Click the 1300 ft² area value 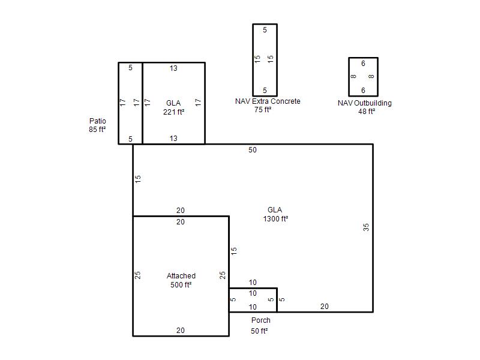275,219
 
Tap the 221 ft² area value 173,112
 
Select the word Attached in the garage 181,276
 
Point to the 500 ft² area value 181,284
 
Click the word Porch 261,320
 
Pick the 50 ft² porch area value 259,331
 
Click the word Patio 98,121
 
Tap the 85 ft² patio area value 97,130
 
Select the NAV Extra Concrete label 268,101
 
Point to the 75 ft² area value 263,110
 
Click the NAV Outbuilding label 365,103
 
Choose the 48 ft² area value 367,112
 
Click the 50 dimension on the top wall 253,150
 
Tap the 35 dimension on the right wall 366,227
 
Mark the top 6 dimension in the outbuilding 363,64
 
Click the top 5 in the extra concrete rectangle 265,30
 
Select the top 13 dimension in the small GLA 173,68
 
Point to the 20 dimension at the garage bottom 181,331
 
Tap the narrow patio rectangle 118,103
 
